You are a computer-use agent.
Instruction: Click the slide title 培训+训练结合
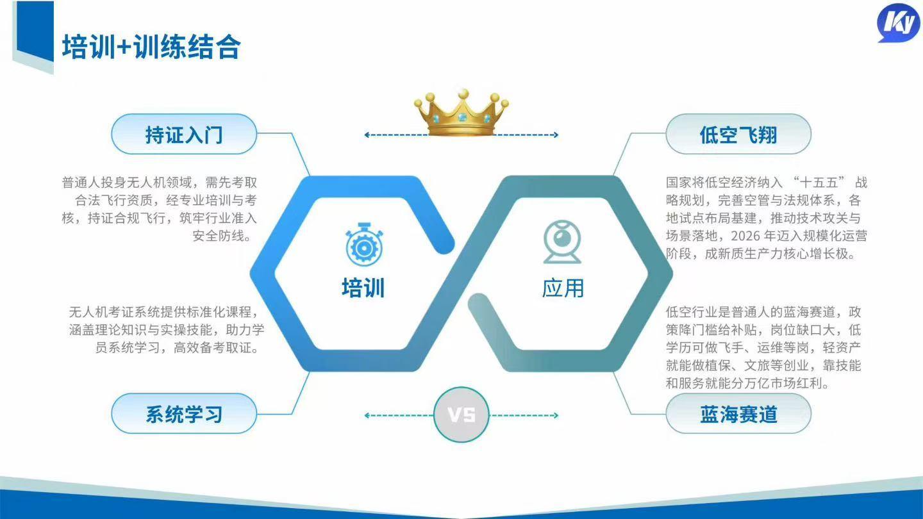click(151, 47)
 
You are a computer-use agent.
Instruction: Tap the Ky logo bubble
click(898, 22)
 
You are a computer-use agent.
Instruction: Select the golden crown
click(461, 112)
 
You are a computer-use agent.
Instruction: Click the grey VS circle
click(461, 415)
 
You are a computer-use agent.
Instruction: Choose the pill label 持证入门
click(184, 134)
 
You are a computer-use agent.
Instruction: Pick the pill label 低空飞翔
click(738, 134)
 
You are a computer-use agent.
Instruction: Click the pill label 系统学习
click(184, 413)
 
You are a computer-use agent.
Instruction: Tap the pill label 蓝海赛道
click(738, 413)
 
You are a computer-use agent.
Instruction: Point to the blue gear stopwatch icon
click(364, 244)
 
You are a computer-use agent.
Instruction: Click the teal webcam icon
click(562, 242)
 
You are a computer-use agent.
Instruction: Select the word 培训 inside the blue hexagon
click(363, 288)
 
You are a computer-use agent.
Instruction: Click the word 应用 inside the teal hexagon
click(563, 288)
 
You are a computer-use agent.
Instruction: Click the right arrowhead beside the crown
click(556, 135)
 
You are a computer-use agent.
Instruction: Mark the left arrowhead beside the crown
click(367, 135)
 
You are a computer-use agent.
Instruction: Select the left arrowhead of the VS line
click(367, 415)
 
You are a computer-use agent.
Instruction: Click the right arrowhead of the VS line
click(556, 415)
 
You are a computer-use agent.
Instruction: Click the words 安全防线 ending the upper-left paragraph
click(219, 236)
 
